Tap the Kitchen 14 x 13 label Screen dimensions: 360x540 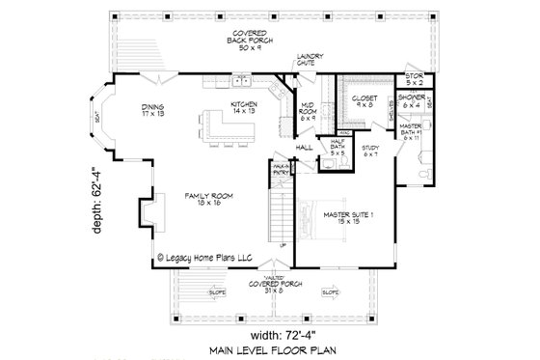[x=242, y=108]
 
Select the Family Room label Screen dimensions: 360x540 [x=205, y=201]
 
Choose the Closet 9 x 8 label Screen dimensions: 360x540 [x=364, y=100]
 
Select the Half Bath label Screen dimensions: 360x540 [x=338, y=148]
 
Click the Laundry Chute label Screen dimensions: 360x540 [x=310, y=61]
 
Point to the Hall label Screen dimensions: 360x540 [x=303, y=149]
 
